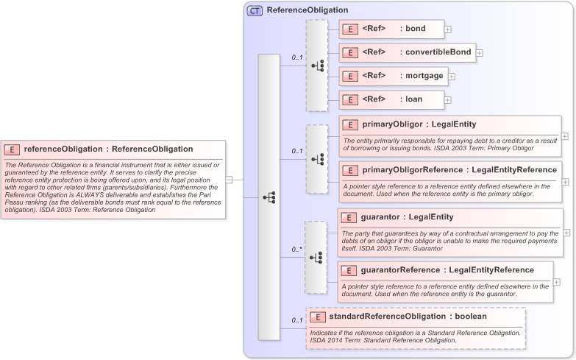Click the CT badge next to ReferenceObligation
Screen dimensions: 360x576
(x=255, y=10)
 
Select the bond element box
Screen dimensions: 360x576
(x=391, y=29)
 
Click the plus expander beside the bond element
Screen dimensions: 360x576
(x=448, y=29)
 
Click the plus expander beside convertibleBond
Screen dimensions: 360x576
(x=480, y=53)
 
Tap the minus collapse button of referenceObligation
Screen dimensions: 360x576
(x=229, y=179)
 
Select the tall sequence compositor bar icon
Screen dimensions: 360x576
(x=269, y=197)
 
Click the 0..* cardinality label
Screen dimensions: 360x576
(x=296, y=250)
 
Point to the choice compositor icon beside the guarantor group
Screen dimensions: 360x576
(x=317, y=258)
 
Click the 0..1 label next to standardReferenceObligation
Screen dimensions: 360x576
(x=296, y=320)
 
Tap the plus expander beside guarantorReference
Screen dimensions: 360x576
(x=556, y=281)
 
